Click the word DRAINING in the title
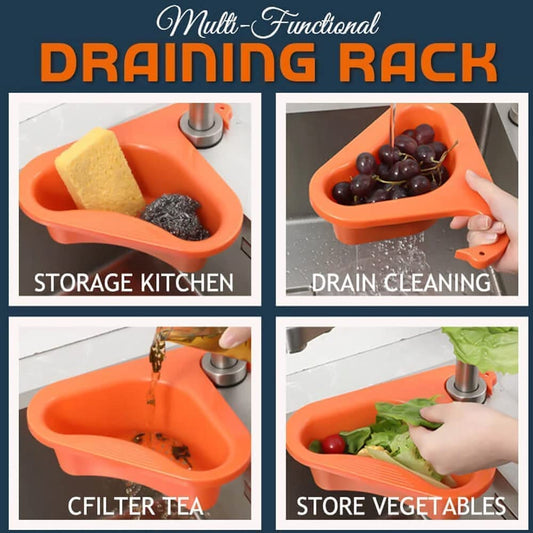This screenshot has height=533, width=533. (x=178, y=62)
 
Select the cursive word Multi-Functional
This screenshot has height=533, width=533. (x=267, y=23)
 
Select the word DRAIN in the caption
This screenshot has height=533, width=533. (x=344, y=282)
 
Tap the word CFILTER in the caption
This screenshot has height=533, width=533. (x=111, y=506)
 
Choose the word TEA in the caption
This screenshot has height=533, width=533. (x=184, y=506)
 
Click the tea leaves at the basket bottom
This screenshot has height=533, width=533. (x=163, y=446)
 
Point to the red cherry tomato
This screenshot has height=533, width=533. (x=333, y=444)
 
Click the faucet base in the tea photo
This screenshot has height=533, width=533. (x=223, y=369)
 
